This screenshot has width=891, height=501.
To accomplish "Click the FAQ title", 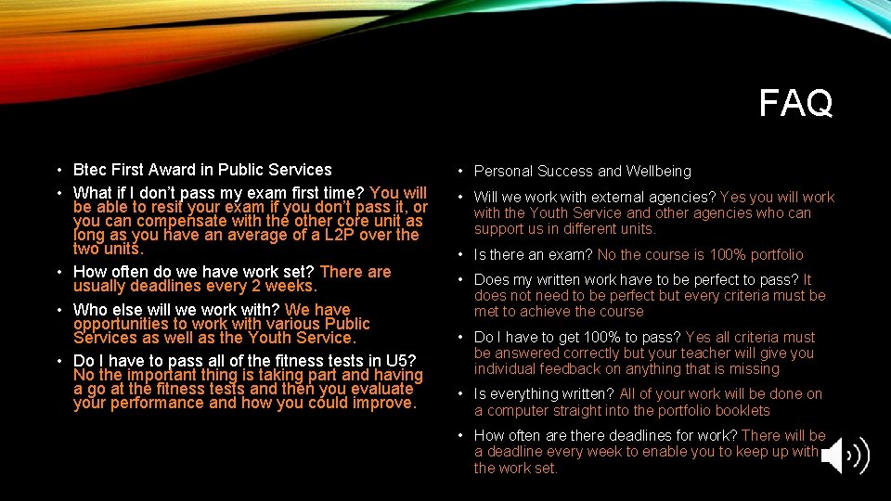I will pos(795,103).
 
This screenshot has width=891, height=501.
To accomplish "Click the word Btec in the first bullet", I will pos(90,170).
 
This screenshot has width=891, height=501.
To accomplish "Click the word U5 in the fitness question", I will pos(404,361).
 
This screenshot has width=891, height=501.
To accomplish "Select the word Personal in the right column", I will pos(502,171).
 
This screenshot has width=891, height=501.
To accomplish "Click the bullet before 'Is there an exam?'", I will pos(461,254).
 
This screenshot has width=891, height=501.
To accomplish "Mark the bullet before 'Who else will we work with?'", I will pos(58,310).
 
